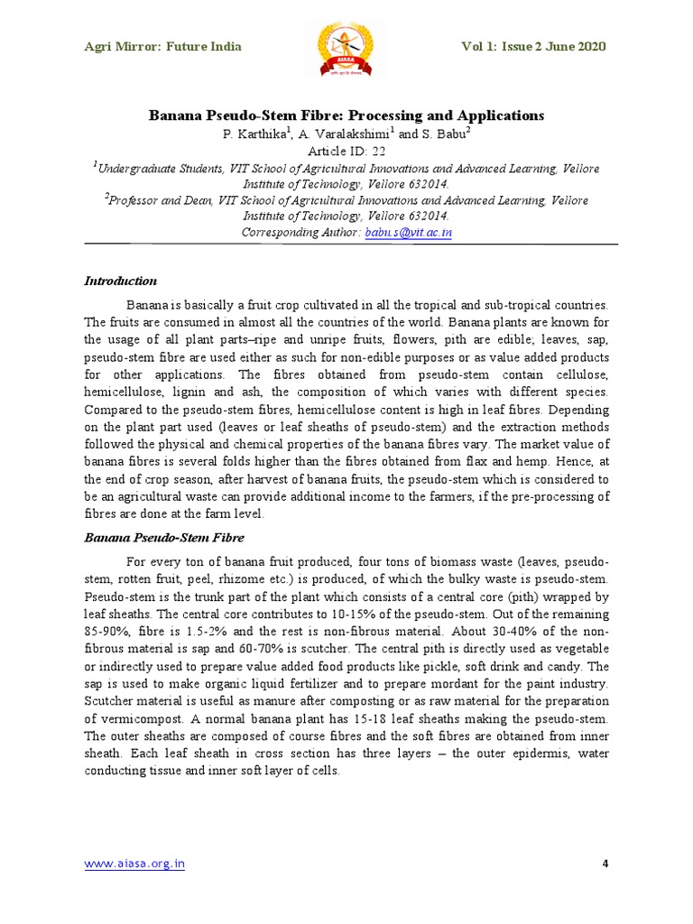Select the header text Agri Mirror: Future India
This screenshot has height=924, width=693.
click(162, 47)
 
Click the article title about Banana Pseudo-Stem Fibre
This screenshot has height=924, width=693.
click(346, 115)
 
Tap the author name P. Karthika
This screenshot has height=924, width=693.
click(255, 134)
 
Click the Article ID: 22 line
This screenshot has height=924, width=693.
click(346, 151)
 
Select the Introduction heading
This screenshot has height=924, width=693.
click(121, 281)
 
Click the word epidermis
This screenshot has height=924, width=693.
click(535, 753)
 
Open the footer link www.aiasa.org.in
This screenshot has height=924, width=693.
click(134, 864)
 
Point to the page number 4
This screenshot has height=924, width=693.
click(605, 864)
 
